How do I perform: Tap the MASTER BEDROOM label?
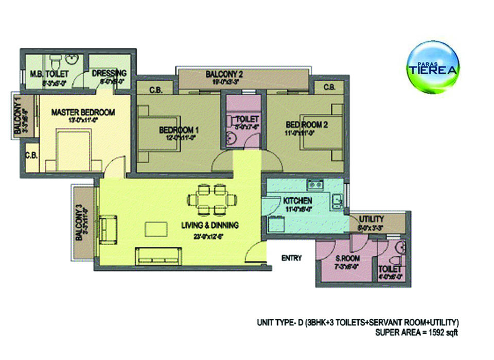coord(82,112)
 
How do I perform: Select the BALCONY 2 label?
coord(224,74)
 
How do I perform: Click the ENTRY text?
coord(291,258)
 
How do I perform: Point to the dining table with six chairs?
coord(212,198)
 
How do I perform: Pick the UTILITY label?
coord(372,219)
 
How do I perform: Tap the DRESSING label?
coord(109,73)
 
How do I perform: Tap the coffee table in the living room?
coord(156,228)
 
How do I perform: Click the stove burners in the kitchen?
coord(314,184)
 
